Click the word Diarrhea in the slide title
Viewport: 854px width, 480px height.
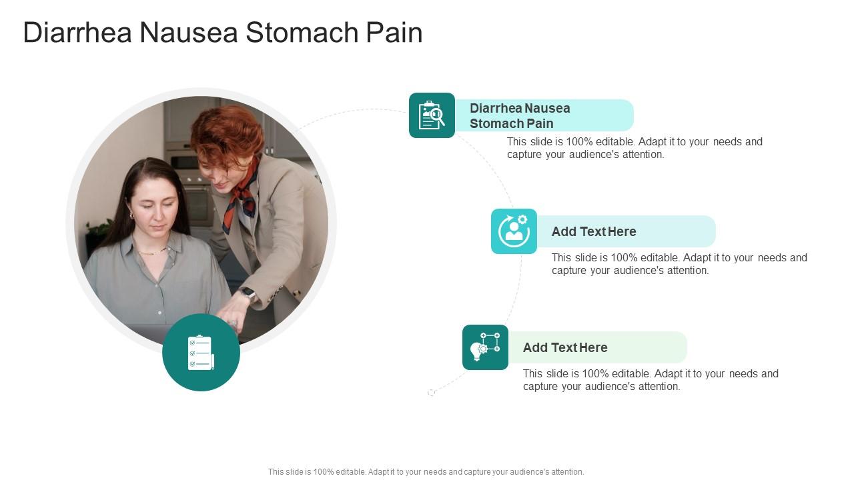(77, 33)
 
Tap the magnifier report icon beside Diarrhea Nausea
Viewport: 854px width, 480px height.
(432, 115)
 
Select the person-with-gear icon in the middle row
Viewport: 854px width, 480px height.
(514, 231)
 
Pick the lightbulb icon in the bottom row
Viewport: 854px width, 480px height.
(485, 347)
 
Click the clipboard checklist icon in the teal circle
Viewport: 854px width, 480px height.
(201, 353)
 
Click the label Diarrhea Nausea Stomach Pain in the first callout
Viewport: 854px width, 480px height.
(520, 115)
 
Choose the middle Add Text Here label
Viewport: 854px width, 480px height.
(594, 231)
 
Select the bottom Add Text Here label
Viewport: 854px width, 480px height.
(565, 347)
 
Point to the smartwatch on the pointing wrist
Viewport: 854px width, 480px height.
(248, 293)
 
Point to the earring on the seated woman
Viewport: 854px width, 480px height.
(131, 215)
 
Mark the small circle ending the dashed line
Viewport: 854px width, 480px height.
(431, 393)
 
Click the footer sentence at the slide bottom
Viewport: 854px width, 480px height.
(426, 471)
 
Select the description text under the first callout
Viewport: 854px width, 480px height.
(634, 148)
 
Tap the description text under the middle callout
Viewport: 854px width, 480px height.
(679, 264)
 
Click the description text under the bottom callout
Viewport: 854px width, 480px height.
(651, 380)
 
